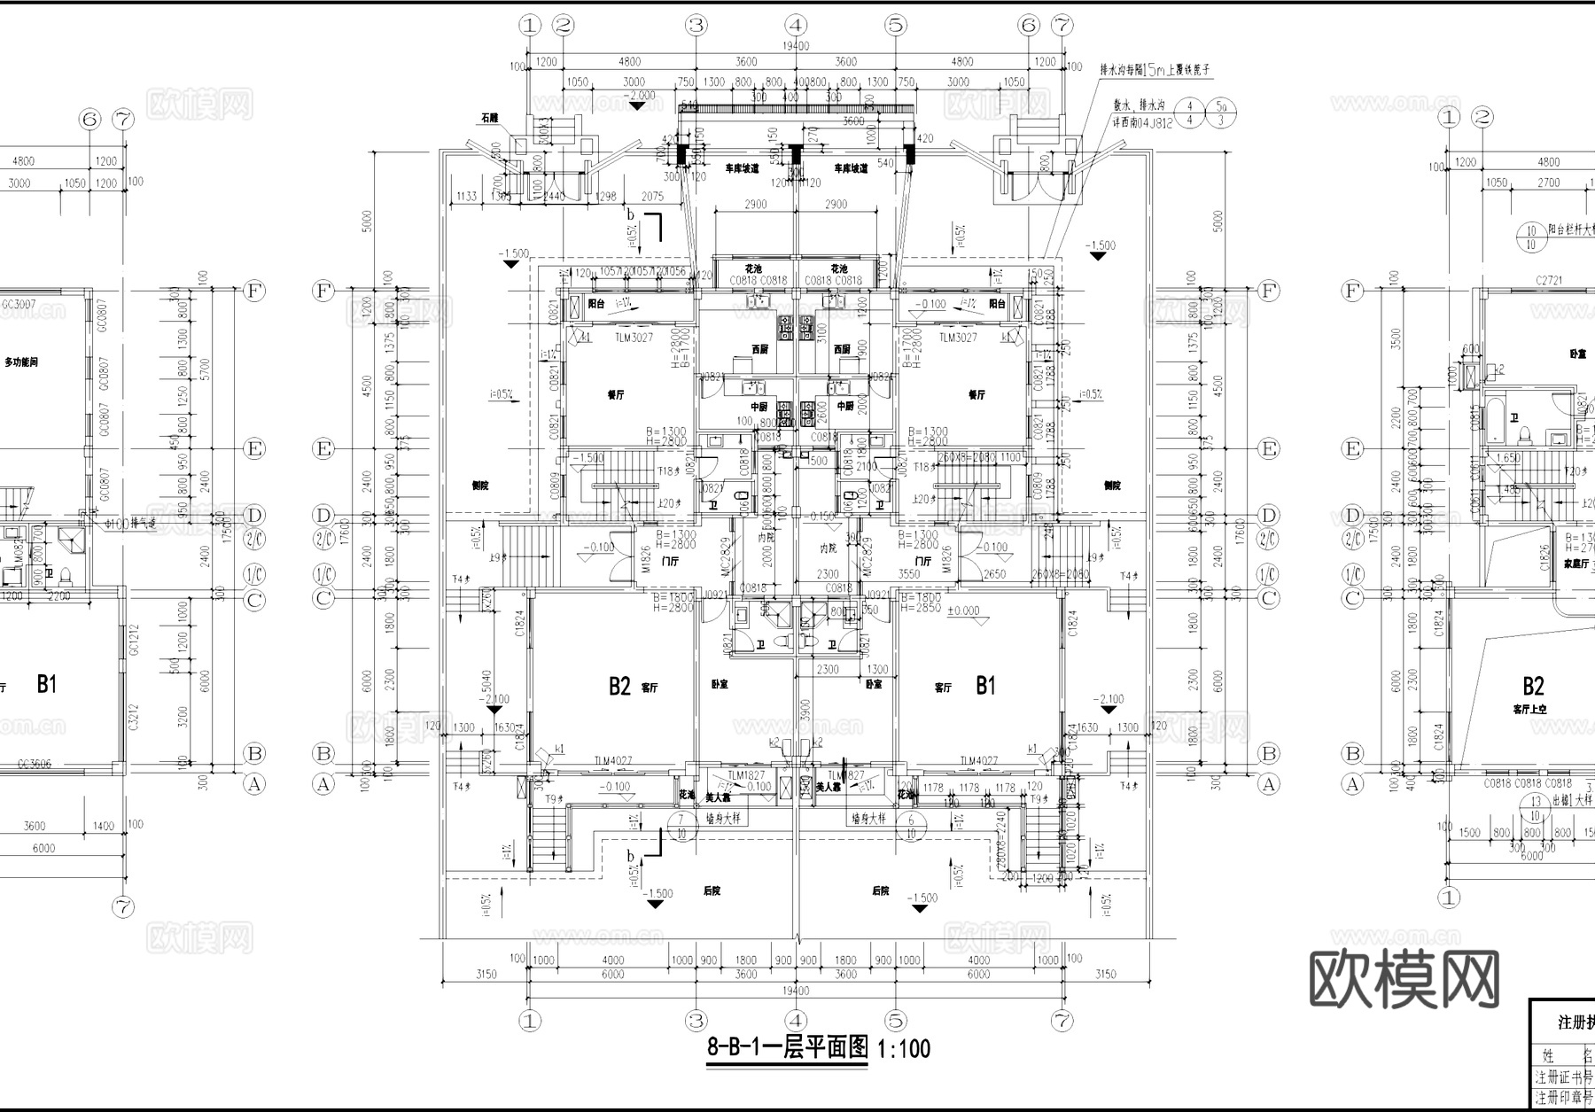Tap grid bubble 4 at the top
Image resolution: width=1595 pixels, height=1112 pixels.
[796, 25]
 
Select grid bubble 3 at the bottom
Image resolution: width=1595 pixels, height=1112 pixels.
[696, 1021]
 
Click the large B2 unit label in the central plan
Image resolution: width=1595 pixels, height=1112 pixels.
[619, 686]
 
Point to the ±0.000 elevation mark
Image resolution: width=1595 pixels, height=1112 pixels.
[963, 610]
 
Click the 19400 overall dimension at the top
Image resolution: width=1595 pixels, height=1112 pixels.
[795, 46]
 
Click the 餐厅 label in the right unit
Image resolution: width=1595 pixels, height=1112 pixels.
[976, 395]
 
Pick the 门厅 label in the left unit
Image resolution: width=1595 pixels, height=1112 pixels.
[670, 561]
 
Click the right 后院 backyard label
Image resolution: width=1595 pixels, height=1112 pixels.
[880, 890]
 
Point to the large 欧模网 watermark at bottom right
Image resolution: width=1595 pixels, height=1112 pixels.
[1404, 980]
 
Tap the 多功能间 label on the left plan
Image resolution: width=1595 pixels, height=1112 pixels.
[21, 362]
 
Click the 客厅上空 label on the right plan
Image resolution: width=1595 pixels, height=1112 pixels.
[1529, 710]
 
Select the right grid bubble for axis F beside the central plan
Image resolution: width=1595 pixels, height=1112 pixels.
[1269, 291]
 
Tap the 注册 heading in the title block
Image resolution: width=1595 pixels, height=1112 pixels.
[1575, 1023]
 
